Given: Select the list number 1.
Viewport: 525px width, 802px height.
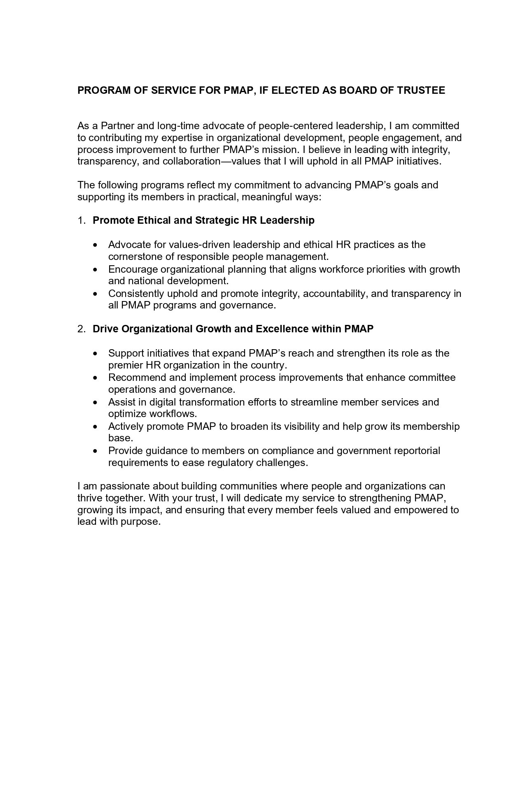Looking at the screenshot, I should point(81,220).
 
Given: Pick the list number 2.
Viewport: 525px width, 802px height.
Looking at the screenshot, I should point(81,329).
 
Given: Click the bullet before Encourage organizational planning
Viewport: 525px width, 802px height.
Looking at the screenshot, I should point(96,270).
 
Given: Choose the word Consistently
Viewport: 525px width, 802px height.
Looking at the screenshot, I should point(136,294).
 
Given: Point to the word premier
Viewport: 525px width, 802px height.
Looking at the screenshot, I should point(124,365).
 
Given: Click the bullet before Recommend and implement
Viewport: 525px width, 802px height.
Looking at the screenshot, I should point(96,378).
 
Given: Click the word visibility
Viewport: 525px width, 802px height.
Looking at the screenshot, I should point(300,426).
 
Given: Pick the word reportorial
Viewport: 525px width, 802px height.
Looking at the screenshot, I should point(415,450).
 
